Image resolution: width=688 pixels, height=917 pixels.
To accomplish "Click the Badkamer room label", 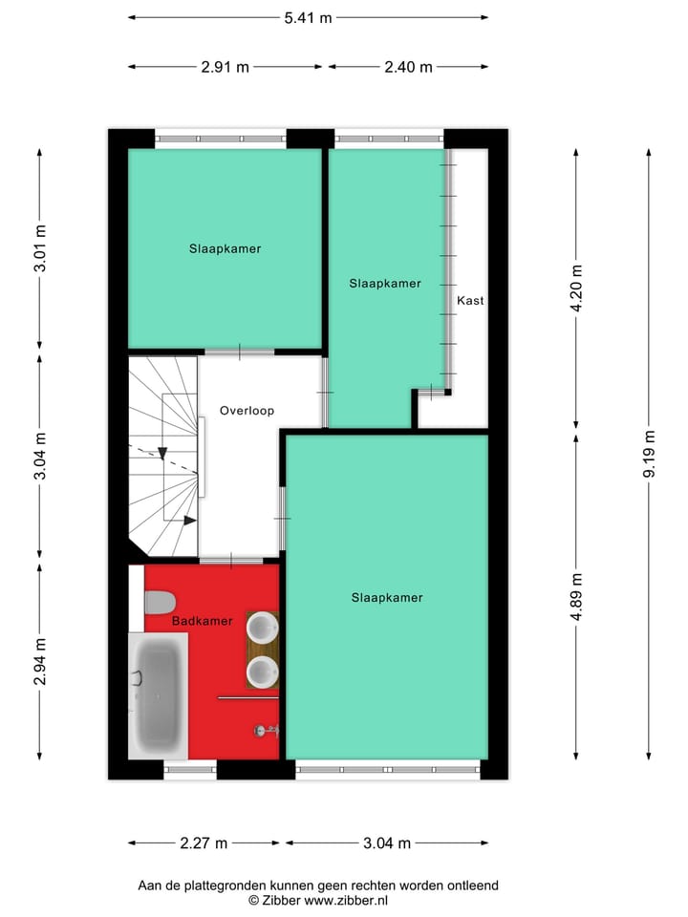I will click(202, 621).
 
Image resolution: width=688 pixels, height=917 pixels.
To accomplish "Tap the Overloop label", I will click(247, 411).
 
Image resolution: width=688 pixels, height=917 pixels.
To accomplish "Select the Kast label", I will click(470, 300).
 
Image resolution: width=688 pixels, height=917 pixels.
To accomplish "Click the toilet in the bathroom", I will click(160, 603).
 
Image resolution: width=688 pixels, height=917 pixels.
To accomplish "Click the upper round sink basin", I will click(262, 628).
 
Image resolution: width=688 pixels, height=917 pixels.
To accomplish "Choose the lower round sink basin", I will click(262, 672).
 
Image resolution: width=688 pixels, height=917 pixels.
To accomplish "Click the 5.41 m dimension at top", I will click(308, 17).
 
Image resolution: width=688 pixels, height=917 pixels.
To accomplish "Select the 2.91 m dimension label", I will click(226, 67).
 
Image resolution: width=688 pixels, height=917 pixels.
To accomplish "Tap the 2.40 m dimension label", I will click(408, 67).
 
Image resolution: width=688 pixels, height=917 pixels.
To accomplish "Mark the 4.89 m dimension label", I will click(575, 597).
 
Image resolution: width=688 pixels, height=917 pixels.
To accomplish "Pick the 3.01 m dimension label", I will click(40, 248).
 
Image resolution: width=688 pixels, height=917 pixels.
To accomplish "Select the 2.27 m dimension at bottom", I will click(204, 842).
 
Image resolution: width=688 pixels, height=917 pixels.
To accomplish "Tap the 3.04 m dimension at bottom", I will click(386, 842).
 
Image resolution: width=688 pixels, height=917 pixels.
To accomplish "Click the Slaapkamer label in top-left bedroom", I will click(225, 248).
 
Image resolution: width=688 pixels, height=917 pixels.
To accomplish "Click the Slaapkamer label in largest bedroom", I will click(387, 598).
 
